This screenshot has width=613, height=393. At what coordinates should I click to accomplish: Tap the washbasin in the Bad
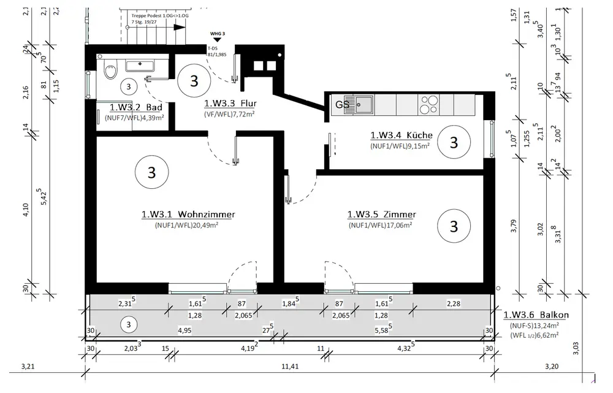point(142,64)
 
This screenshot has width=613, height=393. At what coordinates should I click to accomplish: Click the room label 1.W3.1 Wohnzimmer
point(188,215)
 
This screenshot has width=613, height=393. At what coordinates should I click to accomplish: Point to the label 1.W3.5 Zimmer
point(381,215)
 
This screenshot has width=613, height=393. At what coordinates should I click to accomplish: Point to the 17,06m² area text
point(381,225)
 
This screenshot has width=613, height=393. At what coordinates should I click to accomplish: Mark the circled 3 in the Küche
point(454,142)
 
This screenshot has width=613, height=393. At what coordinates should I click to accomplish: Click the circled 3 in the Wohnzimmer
point(151,173)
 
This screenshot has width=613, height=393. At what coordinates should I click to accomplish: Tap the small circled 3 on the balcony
point(128,323)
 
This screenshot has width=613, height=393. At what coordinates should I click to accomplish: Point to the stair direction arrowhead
point(179,27)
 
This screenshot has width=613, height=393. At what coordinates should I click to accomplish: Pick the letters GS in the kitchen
point(342,104)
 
